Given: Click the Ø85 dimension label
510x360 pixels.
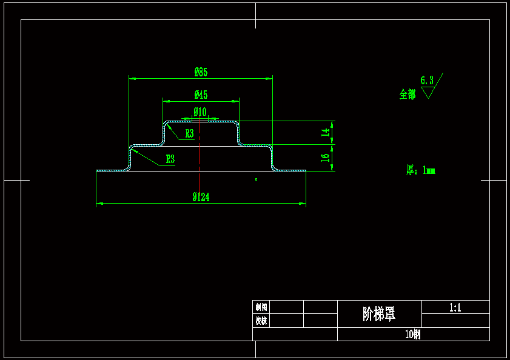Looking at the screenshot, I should click(201, 72).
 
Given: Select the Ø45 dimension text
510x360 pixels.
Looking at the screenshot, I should click(201, 95).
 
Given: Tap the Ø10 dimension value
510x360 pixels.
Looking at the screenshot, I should click(200, 112).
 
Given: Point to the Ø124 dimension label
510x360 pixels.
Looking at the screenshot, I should click(201, 197).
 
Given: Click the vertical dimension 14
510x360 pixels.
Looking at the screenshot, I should click(326, 132).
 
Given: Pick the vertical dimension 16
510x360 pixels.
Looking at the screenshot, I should click(326, 157).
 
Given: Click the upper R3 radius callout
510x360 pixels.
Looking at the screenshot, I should click(190, 134).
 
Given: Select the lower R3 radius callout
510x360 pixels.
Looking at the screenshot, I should click(170, 159).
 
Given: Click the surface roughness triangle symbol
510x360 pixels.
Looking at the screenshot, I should click(429, 92).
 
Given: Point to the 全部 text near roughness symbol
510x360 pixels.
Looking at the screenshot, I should click(408, 94).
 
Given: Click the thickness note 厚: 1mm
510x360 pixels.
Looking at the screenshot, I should click(420, 170).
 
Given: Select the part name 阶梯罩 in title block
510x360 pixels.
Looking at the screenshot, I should click(379, 314).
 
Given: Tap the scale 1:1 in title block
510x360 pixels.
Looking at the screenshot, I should click(455, 307).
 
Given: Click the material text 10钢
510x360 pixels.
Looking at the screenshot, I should click(413, 334).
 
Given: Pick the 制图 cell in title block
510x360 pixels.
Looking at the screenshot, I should click(261, 307).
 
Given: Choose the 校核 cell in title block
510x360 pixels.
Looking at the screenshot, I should click(261, 321).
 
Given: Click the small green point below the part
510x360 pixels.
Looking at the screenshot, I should click(256, 179).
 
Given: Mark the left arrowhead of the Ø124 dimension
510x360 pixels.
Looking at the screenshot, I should click(99, 204).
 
